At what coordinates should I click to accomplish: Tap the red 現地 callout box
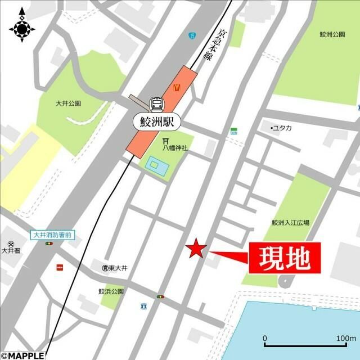(284, 258)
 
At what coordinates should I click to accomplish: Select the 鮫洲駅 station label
(156, 120)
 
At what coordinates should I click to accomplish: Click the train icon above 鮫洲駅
(156, 104)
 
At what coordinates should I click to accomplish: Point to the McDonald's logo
(177, 87)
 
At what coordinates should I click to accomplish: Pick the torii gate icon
(166, 141)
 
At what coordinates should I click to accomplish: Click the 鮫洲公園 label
(332, 34)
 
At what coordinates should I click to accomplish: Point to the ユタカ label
(281, 128)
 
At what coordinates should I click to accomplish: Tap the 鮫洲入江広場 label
(290, 223)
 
